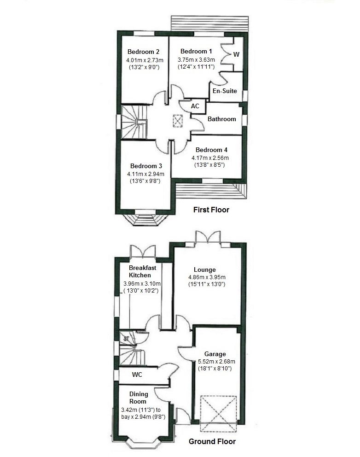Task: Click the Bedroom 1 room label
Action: coord(196,51)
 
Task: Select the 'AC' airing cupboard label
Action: coord(195,106)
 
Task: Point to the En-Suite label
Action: coord(224,91)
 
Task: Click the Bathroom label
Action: coord(221,119)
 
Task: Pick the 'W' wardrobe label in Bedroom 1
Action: coord(236,54)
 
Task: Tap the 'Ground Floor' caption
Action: coord(212,441)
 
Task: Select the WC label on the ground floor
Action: coord(137,375)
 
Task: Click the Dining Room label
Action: coord(139,398)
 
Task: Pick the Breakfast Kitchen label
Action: coord(143,271)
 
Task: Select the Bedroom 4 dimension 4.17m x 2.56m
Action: coord(211,158)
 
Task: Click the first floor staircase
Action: coord(134,122)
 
